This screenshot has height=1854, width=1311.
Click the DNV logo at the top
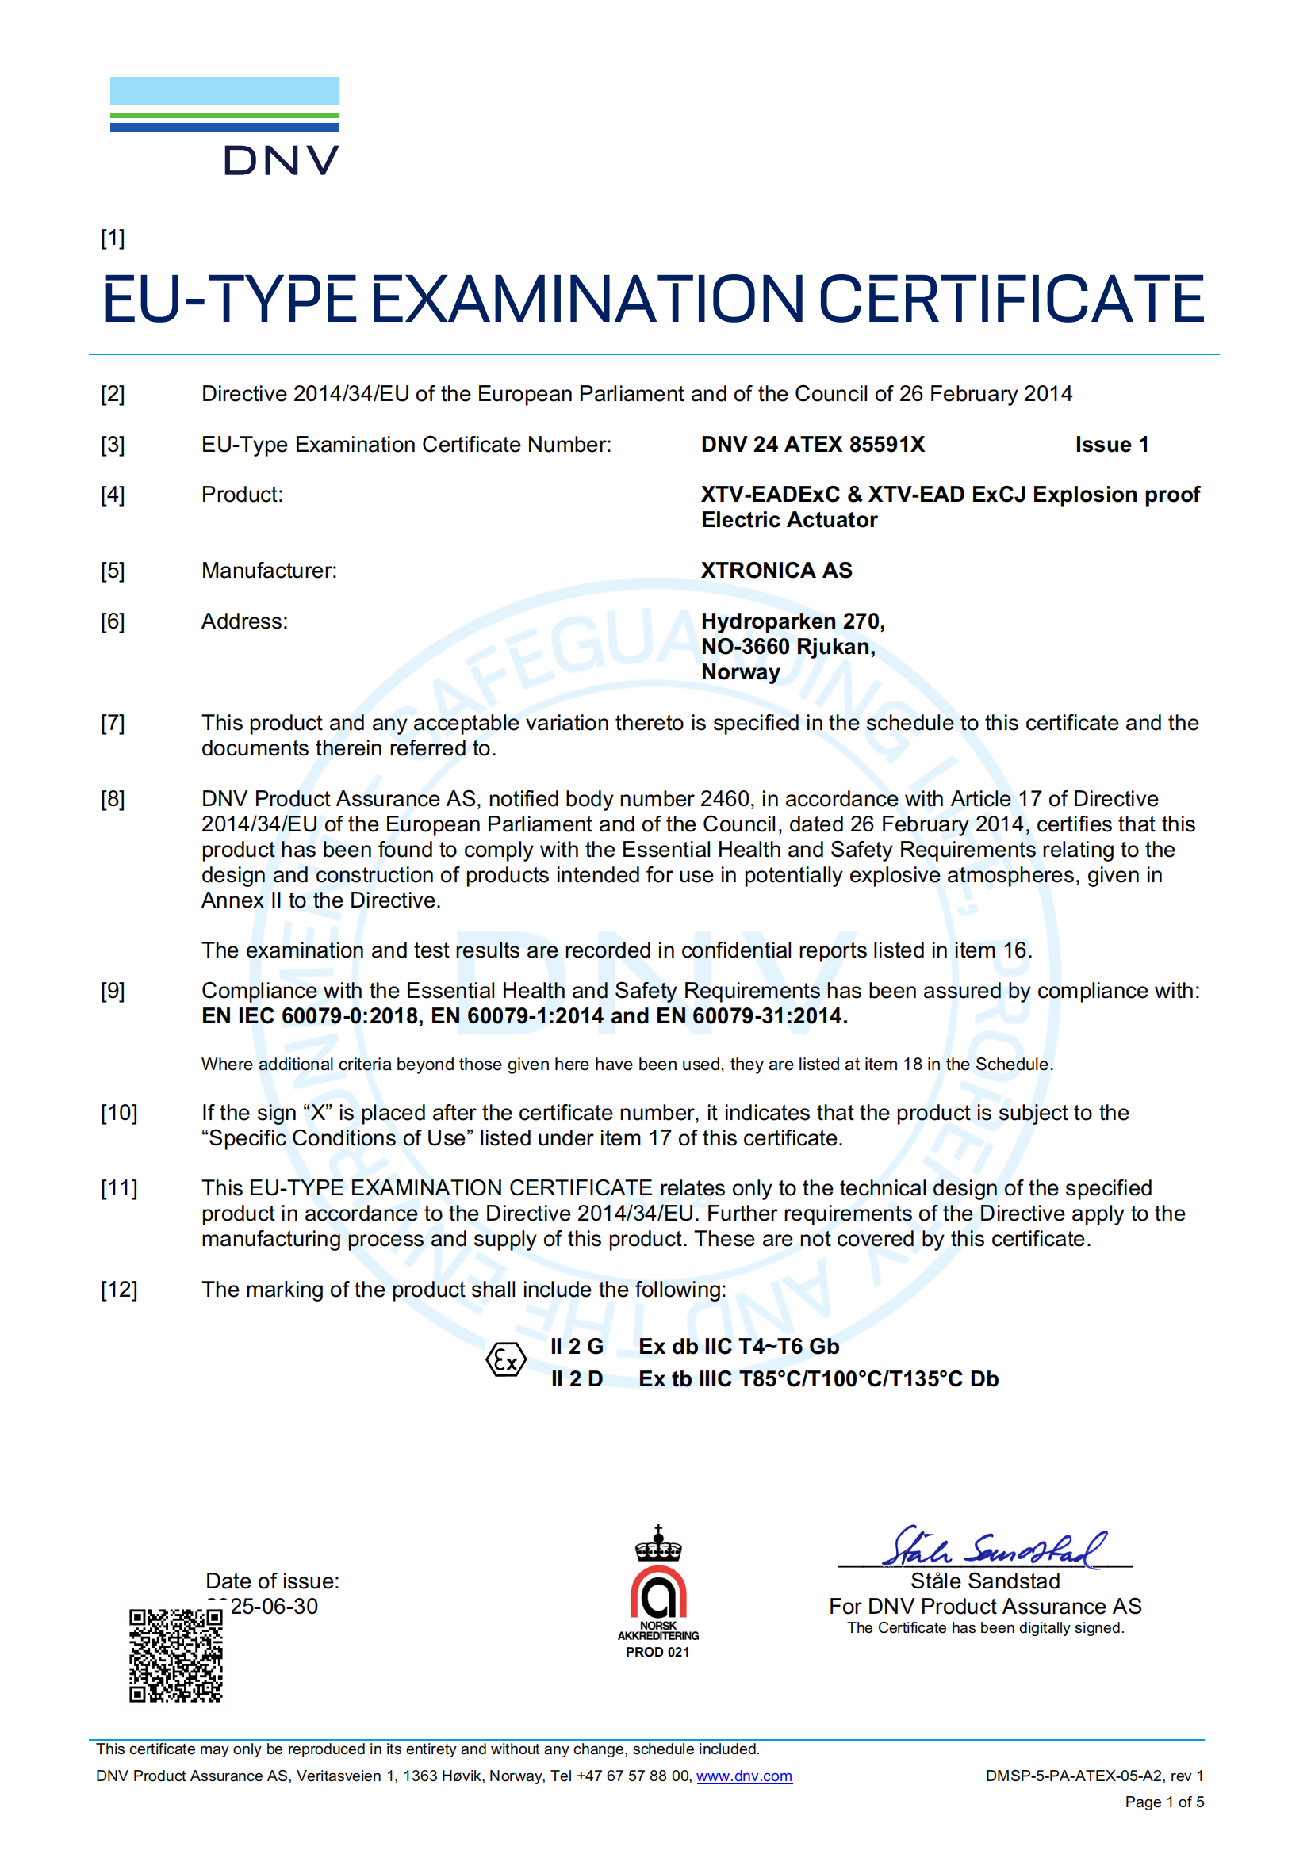pyautogui.click(x=224, y=126)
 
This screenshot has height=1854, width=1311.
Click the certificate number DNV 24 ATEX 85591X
pyautogui.click(x=812, y=444)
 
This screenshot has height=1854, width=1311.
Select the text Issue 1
pyautogui.click(x=1110, y=444)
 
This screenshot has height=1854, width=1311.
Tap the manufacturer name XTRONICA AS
pyautogui.click(x=776, y=570)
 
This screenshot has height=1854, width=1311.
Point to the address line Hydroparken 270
pyautogui.click(x=792, y=621)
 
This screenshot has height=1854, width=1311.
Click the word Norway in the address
pyautogui.click(x=740, y=672)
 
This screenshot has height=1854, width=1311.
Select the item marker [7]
pyautogui.click(x=113, y=723)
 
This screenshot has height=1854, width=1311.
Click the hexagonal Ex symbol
pyautogui.click(x=506, y=1362)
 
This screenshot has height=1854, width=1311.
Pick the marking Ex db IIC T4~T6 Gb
pyautogui.click(x=738, y=1346)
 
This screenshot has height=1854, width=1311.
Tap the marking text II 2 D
pyautogui.click(x=577, y=1378)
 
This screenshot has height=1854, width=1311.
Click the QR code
pyautogui.click(x=175, y=1655)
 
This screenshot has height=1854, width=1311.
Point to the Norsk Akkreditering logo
pyautogui.click(x=657, y=1587)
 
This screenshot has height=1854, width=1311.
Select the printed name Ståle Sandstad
pyautogui.click(x=985, y=1581)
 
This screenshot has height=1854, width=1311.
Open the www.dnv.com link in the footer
pyautogui.click(x=744, y=1776)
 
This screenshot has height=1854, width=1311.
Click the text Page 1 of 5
pyautogui.click(x=1163, y=1802)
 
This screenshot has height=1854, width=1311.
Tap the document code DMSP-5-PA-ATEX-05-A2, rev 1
pyautogui.click(x=1094, y=1776)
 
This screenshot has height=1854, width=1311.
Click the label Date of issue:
pyautogui.click(x=272, y=1581)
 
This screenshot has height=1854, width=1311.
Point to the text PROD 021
pyautogui.click(x=657, y=1652)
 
